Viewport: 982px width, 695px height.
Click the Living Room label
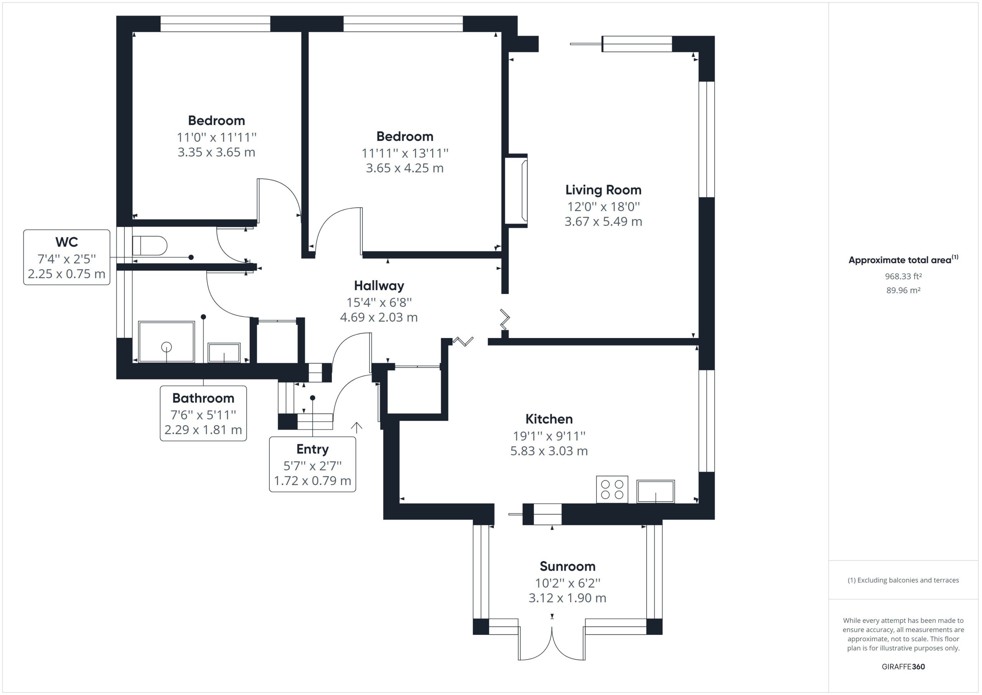pyautogui.click(x=603, y=190)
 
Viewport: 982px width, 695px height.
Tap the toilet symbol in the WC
pyautogui.click(x=149, y=246)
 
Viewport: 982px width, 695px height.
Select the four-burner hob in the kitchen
pyautogui.click(x=612, y=490)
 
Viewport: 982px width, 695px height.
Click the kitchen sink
pyautogui.click(x=656, y=491)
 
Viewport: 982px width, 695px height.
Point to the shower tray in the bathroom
pyautogui.click(x=166, y=342)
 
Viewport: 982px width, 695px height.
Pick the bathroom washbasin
pyautogui.click(x=224, y=353)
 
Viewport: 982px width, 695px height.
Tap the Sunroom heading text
pyautogui.click(x=567, y=566)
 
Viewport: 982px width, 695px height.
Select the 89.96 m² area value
pyautogui.click(x=903, y=290)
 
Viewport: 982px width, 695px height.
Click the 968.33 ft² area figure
pyautogui.click(x=903, y=276)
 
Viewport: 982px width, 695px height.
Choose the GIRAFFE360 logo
pyautogui.click(x=903, y=666)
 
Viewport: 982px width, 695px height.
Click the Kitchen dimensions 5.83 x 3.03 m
pyautogui.click(x=549, y=451)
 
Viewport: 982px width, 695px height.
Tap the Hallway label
pyautogui.click(x=379, y=286)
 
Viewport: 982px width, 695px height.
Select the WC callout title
pyautogui.click(x=67, y=242)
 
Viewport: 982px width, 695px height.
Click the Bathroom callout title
pyautogui.click(x=203, y=398)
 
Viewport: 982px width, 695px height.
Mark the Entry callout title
pyautogui.click(x=312, y=449)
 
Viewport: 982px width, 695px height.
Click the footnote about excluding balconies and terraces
pyautogui.click(x=903, y=580)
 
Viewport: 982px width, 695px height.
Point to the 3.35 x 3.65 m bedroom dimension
pyautogui.click(x=216, y=152)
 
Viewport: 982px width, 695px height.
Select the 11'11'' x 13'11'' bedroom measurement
pyautogui.click(x=405, y=153)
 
